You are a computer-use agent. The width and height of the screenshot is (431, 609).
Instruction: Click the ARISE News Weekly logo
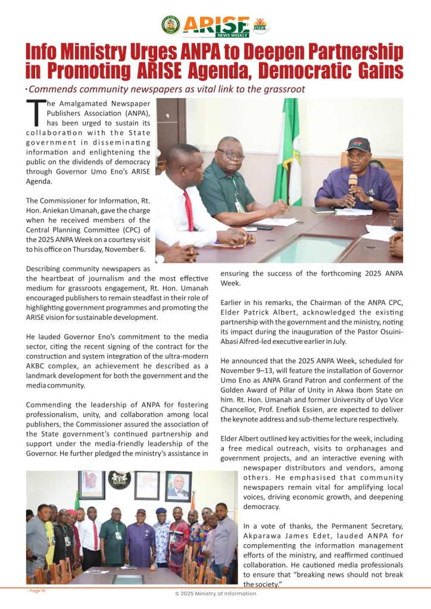pyautogui.click(x=215, y=26)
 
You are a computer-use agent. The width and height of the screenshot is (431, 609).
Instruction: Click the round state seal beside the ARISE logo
pyautogui.click(x=171, y=25)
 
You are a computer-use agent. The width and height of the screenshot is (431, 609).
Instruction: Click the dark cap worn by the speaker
pyautogui.click(x=358, y=145)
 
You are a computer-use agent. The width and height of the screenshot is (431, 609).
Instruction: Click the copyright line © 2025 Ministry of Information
pyautogui.click(x=215, y=594)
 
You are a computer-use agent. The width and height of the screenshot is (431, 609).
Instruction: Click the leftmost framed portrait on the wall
pyautogui.click(x=91, y=485)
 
